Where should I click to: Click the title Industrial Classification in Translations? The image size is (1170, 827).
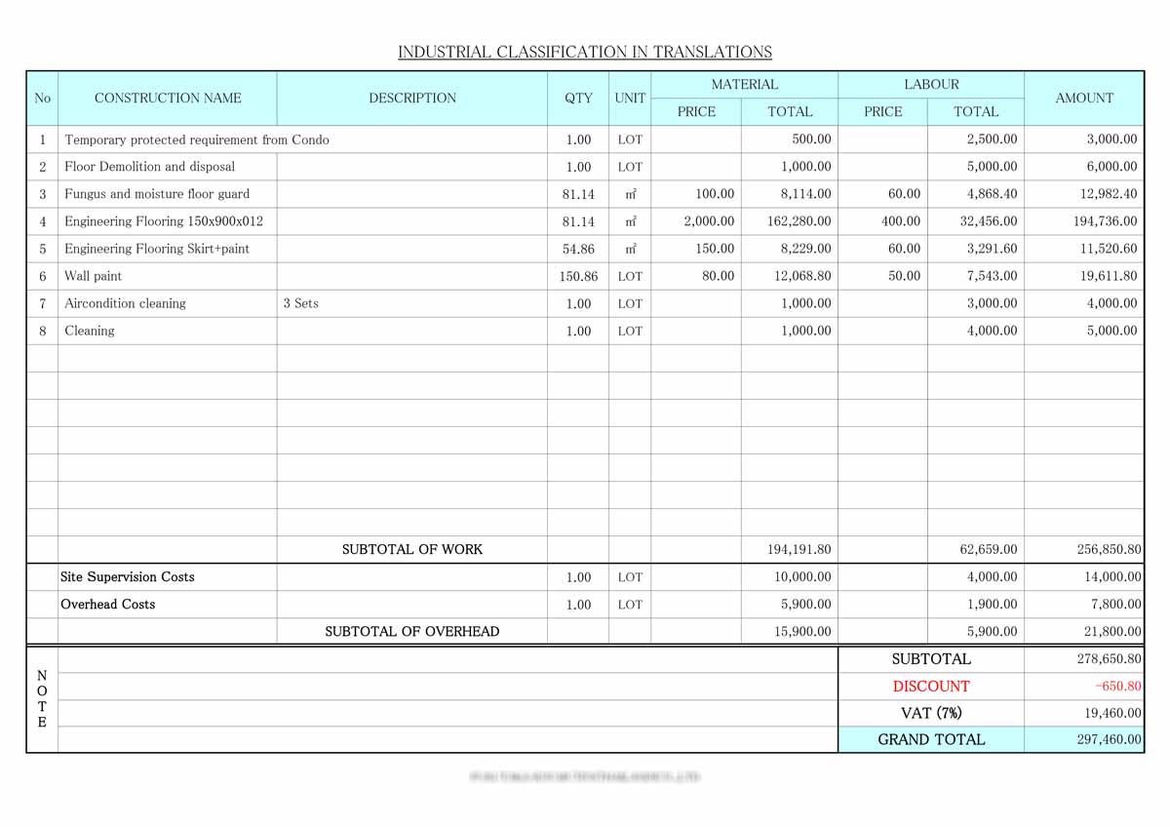(584, 52)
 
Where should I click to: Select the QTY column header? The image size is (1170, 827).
(578, 98)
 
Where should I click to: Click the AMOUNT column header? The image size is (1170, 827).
(1083, 98)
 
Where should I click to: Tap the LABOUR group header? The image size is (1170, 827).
(930, 85)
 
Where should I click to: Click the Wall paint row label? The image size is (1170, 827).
(94, 276)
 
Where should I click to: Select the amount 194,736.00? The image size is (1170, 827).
(1105, 221)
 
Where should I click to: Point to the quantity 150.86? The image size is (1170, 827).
(578, 276)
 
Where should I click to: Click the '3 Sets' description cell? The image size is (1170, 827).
(301, 303)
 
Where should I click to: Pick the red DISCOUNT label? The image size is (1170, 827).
(930, 686)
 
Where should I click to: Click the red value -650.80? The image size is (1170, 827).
(1117, 686)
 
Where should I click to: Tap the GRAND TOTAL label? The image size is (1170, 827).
(930, 739)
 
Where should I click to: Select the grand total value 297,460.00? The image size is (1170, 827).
(1109, 739)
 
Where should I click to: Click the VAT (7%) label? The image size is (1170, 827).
(930, 713)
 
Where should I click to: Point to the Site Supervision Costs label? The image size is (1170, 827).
(128, 576)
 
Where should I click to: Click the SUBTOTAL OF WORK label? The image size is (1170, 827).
(411, 549)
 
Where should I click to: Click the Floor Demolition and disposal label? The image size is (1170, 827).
(149, 167)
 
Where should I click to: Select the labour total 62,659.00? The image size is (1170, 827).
(988, 549)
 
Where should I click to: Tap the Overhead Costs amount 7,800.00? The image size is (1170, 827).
(1112, 604)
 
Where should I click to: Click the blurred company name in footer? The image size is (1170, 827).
(585, 777)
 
